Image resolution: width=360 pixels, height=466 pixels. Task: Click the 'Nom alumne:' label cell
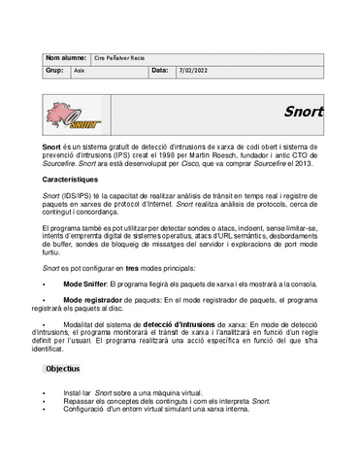pyautogui.click(x=66, y=57)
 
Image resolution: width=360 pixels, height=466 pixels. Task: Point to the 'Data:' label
pyautogui.click(x=159, y=71)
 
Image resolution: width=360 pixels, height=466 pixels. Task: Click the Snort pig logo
pyautogui.click(x=73, y=116)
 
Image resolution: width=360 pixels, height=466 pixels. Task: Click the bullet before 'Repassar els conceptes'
pyautogui.click(x=45, y=401)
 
